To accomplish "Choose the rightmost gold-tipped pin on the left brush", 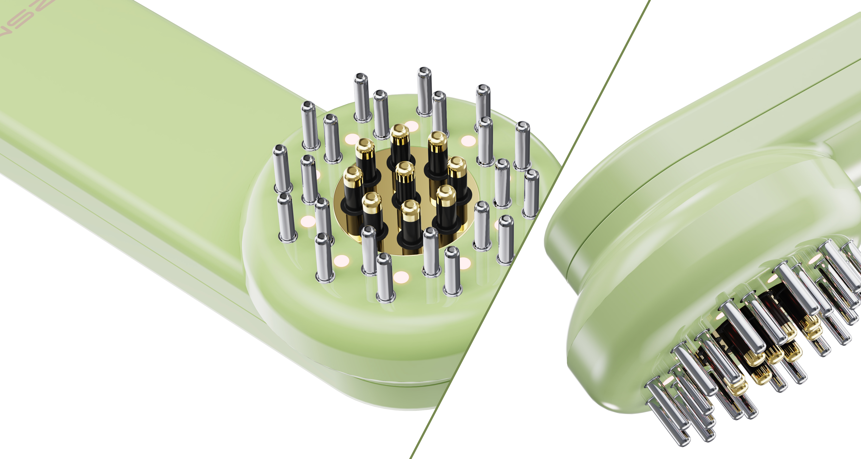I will click(x=457, y=164).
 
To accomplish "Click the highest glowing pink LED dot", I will click(x=411, y=126).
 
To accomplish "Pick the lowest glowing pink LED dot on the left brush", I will click(x=401, y=277).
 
